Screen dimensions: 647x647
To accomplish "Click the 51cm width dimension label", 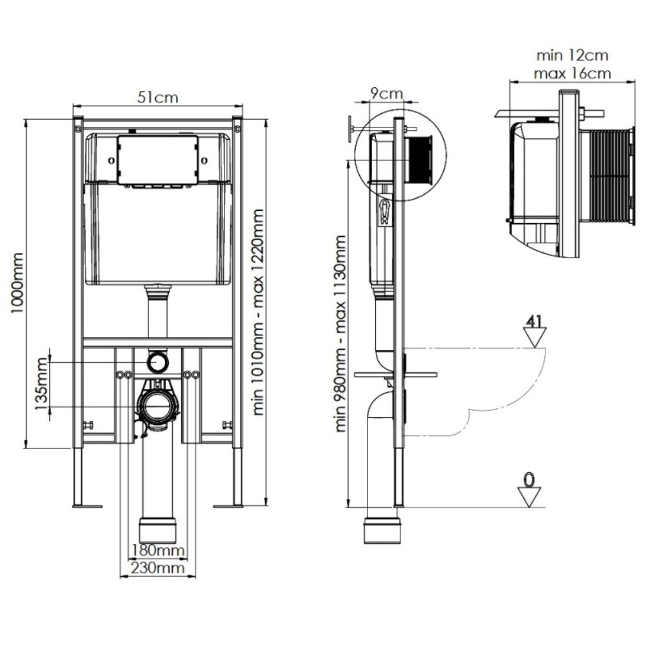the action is pos(158,98).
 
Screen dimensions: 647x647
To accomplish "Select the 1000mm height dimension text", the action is pos(17,283).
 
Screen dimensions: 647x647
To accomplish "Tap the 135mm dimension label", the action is pos(41,384).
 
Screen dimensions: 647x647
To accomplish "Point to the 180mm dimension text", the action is pos(158,551).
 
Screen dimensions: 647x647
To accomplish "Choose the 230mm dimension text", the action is pos(158,568).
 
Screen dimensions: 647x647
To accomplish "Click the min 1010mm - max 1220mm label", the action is pos(258,312).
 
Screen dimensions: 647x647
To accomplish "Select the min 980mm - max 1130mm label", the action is pos(340,333).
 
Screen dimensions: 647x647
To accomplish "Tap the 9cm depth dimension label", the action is pos(386,93).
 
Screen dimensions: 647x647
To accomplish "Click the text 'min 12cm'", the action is pos(572,55).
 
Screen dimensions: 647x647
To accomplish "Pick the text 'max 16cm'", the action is pos(572,74).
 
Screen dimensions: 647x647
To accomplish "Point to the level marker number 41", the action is pos(534,321).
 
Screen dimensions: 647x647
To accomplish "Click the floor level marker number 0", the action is pos(529,479).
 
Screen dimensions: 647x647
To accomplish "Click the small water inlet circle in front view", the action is pos(158,362).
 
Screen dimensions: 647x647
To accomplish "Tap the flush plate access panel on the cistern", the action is pos(158,159).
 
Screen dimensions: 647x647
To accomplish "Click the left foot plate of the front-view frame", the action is pos(87,506).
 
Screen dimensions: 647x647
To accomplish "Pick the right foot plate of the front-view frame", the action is pos(228,506).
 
